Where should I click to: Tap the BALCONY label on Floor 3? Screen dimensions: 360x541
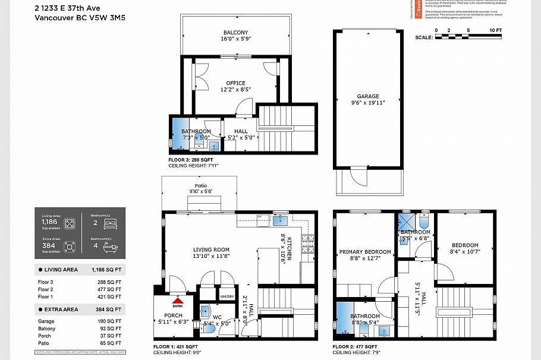coord(235,32)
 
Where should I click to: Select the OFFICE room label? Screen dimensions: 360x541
coord(235,83)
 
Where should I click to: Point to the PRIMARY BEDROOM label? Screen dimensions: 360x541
coord(364,252)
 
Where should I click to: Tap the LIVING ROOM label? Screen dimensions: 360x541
coord(211,250)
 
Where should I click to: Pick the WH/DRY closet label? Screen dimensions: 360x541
coord(227,296)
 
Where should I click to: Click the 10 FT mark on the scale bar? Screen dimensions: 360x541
coord(495,30)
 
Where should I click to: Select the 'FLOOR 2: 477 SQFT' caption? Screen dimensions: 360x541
coord(356,346)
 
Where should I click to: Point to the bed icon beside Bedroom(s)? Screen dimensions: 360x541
coord(111,224)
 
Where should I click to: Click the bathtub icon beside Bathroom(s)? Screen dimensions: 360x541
coord(111,245)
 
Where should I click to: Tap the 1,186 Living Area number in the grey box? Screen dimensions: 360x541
coord(49,222)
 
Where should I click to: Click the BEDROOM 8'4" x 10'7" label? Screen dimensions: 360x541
coord(464,245)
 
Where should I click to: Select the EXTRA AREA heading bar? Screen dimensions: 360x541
coord(79,310)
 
